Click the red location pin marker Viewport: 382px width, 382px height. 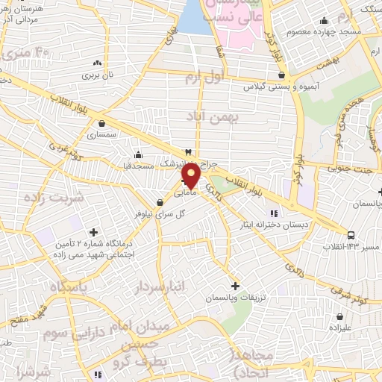[192, 177]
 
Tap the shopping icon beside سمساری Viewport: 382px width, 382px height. [100, 124]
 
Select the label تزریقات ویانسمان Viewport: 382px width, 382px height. [235, 298]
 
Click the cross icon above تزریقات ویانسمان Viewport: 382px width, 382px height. [235, 285]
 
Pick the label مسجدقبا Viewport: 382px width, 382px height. [139, 166]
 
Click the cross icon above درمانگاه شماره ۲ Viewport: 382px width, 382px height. [93, 232]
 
